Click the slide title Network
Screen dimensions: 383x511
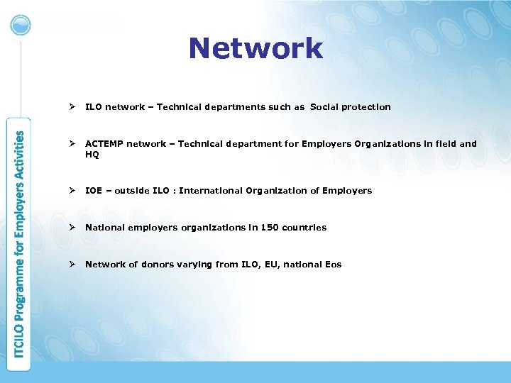(x=255, y=49)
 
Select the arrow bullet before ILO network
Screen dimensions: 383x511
(x=71, y=107)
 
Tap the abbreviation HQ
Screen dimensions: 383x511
(x=92, y=154)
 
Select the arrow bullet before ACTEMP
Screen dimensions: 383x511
(x=71, y=144)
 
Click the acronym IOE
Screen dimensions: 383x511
(x=94, y=191)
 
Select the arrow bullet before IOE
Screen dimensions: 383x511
(x=71, y=191)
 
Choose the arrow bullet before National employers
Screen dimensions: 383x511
(x=71, y=228)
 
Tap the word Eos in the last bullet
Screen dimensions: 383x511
(x=333, y=265)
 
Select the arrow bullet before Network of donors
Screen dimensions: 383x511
(x=71, y=265)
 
